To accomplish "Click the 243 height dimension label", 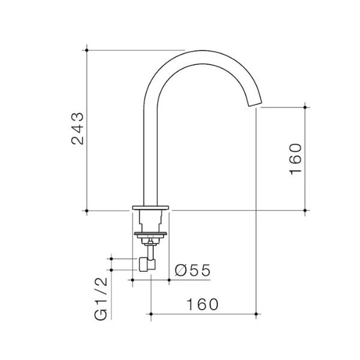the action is [77, 128].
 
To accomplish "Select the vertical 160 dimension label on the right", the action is [295, 159].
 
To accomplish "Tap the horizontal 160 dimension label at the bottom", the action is [202, 304].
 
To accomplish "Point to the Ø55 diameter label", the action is [193, 270].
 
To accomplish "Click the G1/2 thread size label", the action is [101, 298].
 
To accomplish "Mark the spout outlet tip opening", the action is [256, 104].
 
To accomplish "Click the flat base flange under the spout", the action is [151, 208].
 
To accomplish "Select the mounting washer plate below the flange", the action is [151, 234].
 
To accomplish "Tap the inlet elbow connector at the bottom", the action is [147, 265].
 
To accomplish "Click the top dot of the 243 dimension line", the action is [86, 50].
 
